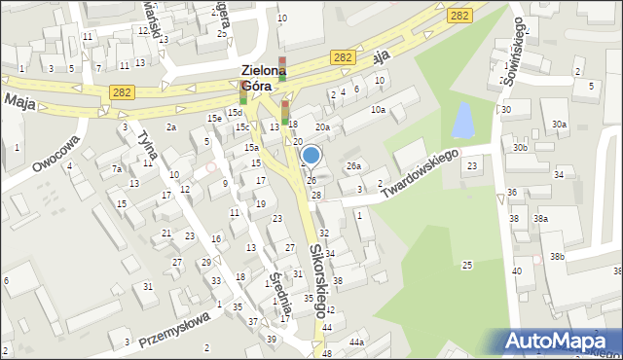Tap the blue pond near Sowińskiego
click(460, 120)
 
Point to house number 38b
click(556, 257)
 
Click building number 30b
click(521, 148)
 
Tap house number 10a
click(378, 110)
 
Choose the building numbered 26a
click(353, 166)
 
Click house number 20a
click(322, 127)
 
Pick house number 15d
click(235, 113)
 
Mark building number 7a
click(117, 169)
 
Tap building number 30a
click(559, 125)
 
